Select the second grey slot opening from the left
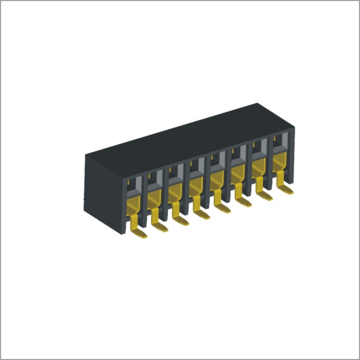tap(155, 178)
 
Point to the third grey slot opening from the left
tap(175, 172)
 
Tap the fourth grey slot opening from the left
tap(196, 166)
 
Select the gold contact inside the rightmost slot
tap(280, 161)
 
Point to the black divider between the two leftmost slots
tap(144, 192)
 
